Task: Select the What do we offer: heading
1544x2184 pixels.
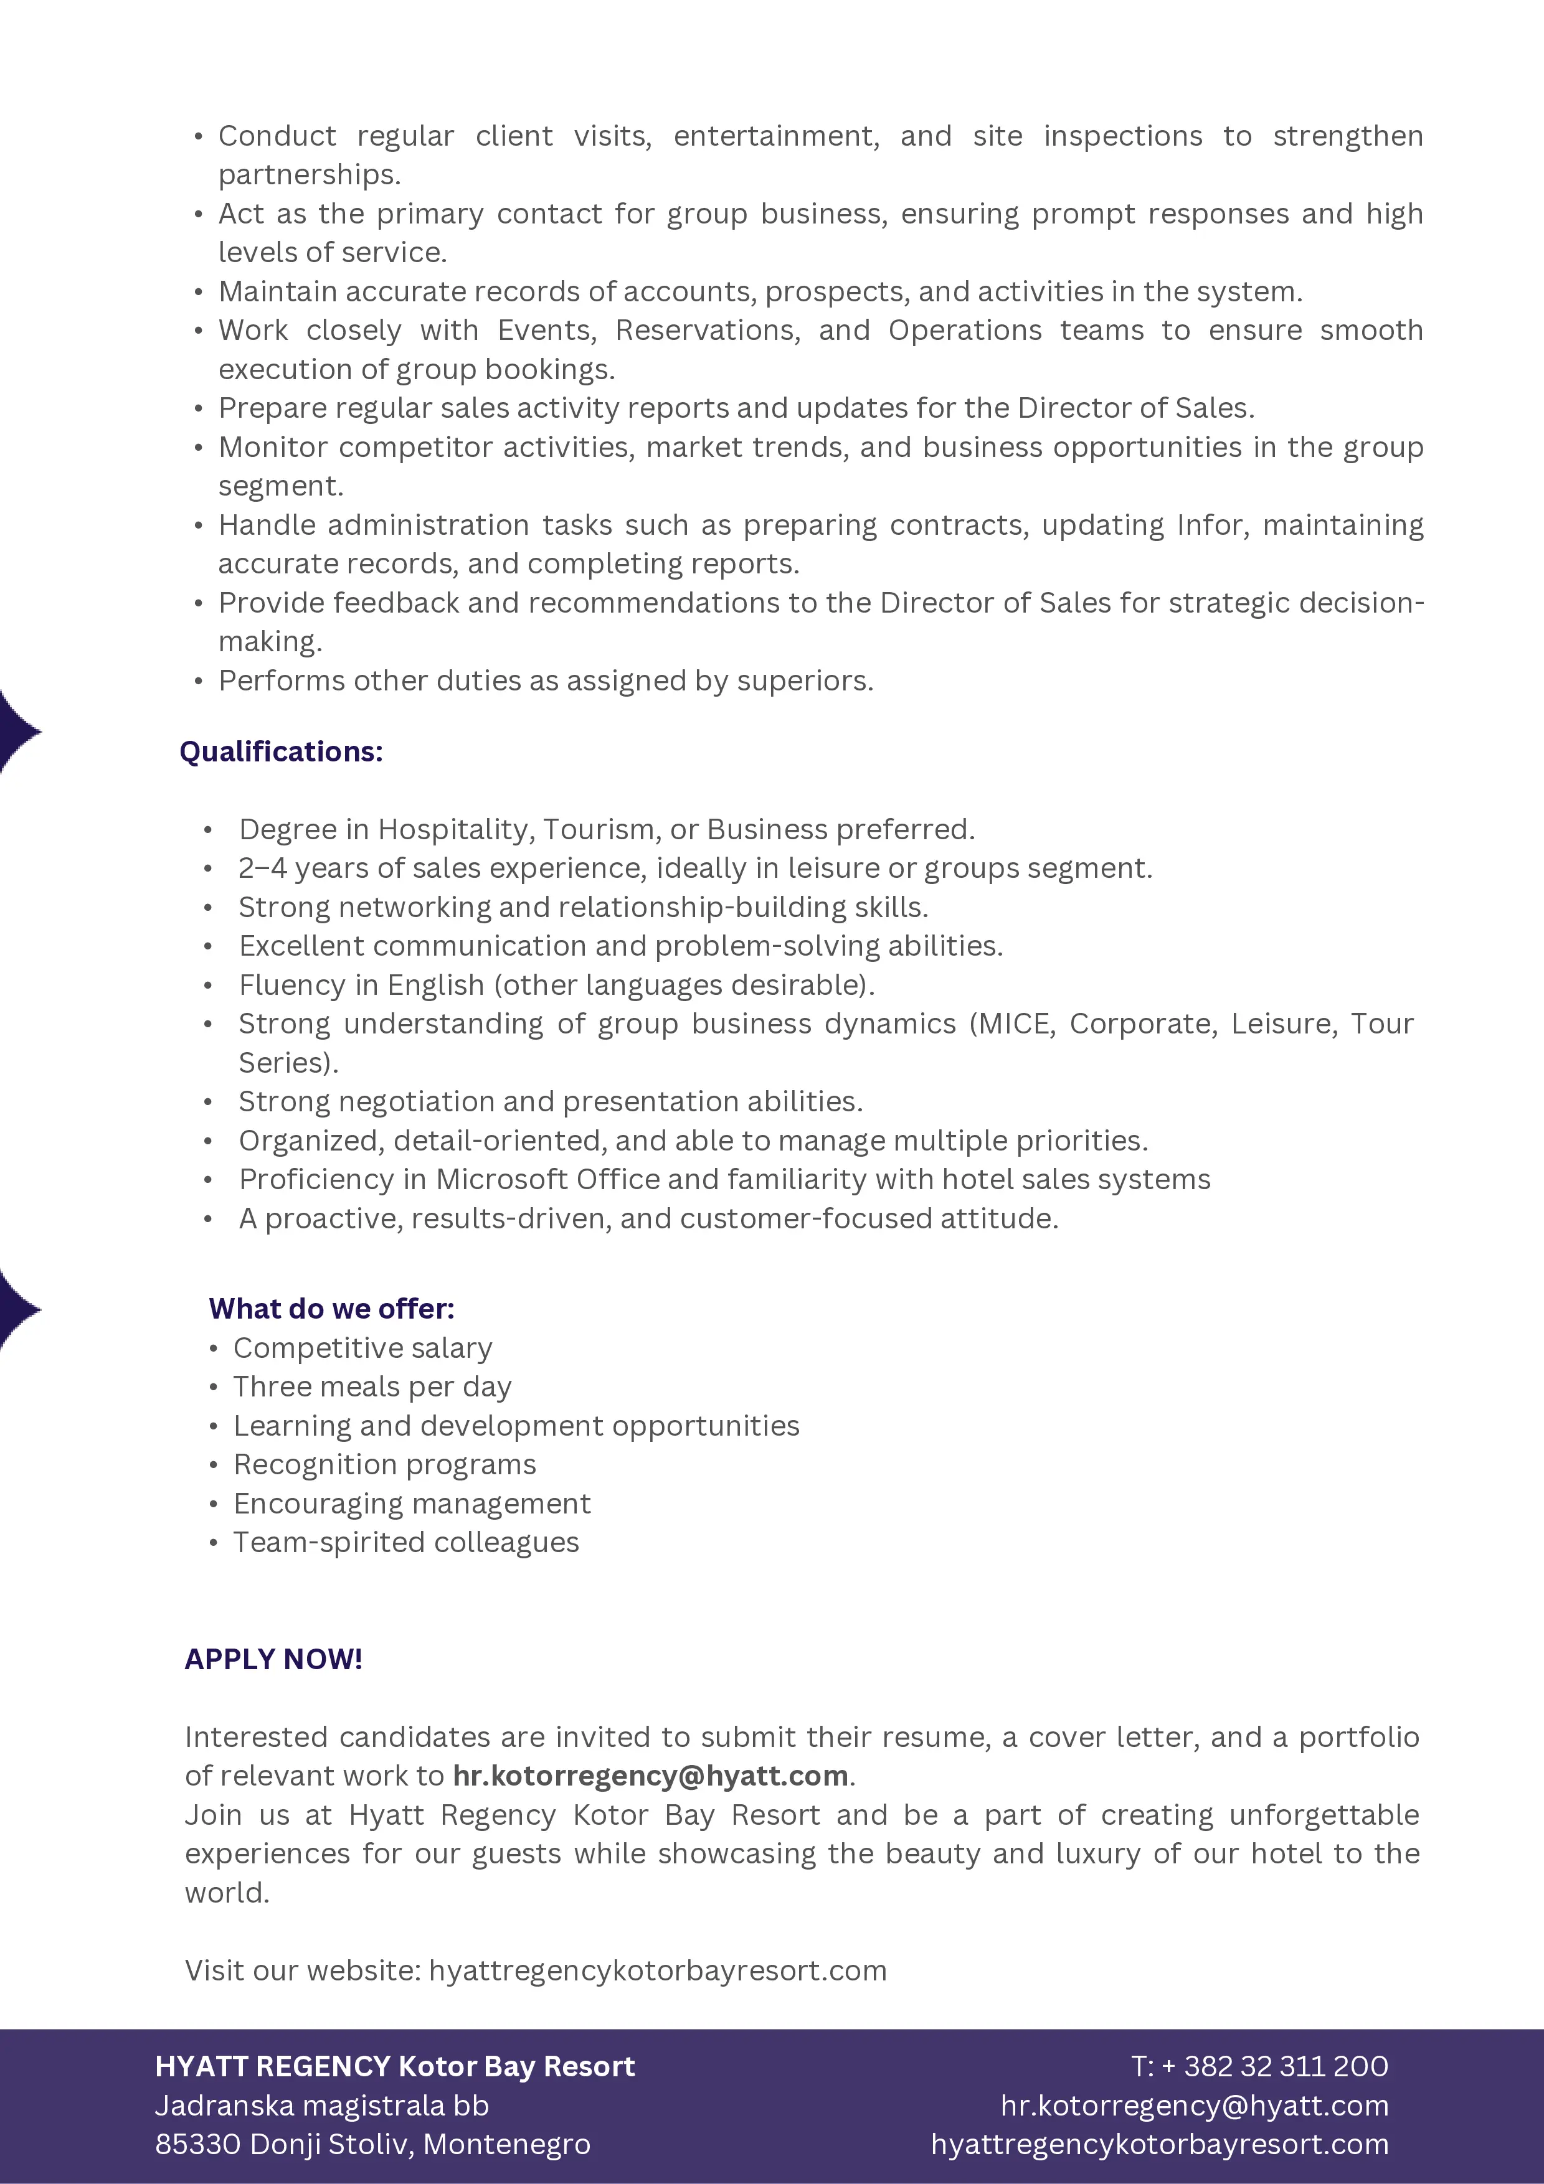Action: click(331, 1308)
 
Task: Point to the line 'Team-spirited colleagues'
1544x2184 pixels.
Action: click(405, 1542)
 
